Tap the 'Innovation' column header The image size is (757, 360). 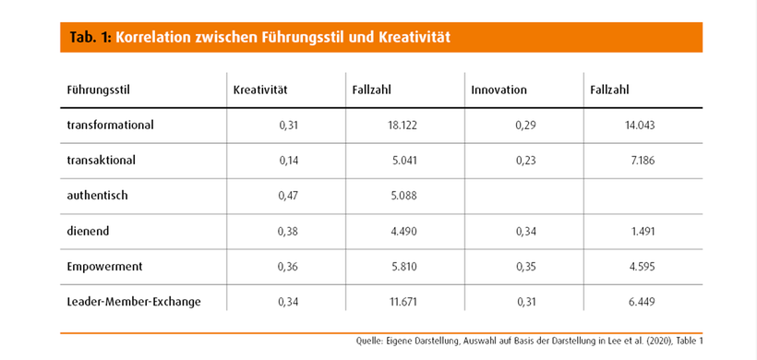499,90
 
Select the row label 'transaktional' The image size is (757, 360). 102,160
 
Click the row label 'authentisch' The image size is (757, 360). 98,196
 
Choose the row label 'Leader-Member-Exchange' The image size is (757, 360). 133,302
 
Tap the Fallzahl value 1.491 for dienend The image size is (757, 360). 643,232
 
